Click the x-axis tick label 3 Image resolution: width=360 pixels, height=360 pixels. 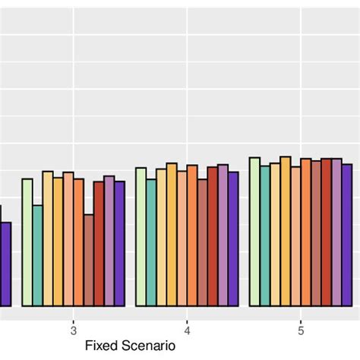(x=73, y=330)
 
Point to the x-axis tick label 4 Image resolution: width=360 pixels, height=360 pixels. (x=187, y=330)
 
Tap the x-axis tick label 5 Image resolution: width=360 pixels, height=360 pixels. (x=301, y=330)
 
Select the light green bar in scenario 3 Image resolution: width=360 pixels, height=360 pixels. (x=27, y=242)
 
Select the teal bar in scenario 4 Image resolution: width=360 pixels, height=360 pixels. (x=151, y=242)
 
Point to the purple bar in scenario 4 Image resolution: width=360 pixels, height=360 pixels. (x=233, y=238)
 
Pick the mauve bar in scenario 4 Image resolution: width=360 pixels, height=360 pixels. (x=223, y=235)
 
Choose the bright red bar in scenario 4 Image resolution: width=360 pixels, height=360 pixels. (x=213, y=236)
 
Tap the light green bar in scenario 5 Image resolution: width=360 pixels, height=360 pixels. (x=254, y=232)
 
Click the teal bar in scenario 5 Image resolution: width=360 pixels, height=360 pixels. (x=265, y=235)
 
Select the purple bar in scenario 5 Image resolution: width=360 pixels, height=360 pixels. (x=347, y=235)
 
